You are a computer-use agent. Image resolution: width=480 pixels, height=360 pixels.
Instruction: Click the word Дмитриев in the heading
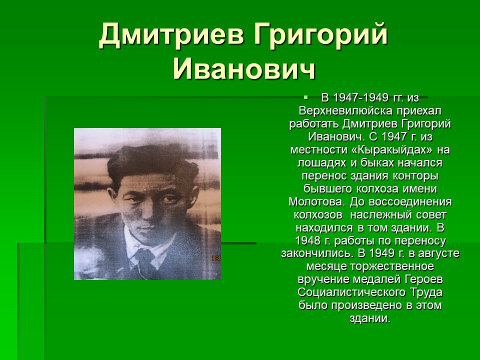coord(171,34)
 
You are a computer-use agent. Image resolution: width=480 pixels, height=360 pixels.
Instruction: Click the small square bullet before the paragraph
coord(305,97)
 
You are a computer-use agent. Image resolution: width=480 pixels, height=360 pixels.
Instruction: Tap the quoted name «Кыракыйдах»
coord(394,150)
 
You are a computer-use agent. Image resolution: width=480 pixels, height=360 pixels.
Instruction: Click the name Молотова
coord(317,202)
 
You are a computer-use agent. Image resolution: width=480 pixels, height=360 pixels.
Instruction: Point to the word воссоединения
coord(410,202)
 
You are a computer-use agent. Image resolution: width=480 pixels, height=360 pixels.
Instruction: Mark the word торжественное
coord(392,266)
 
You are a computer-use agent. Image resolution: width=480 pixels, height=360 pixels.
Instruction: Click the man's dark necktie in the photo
coord(144,259)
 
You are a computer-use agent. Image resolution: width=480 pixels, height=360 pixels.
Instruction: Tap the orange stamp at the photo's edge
coord(216,258)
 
